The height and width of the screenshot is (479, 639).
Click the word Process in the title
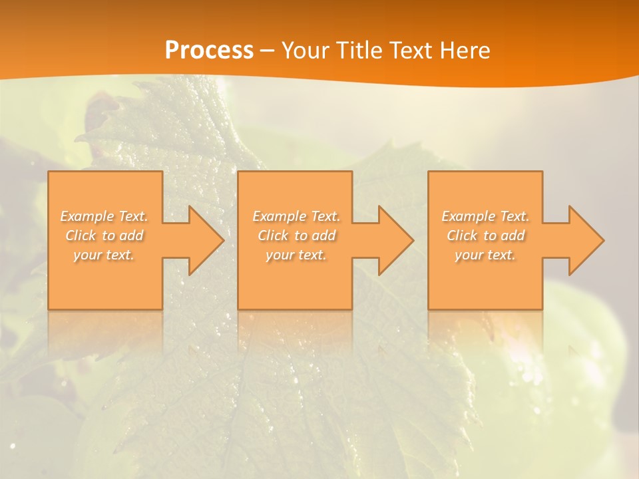[x=209, y=51]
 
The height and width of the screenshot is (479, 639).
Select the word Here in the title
[x=466, y=51]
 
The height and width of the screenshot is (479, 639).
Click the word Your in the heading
[x=306, y=51]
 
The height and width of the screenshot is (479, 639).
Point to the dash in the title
[x=267, y=51]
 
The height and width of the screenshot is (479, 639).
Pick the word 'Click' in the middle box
[x=272, y=236]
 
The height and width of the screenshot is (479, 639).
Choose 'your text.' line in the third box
[x=485, y=255]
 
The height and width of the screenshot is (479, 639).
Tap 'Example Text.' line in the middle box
[x=296, y=216]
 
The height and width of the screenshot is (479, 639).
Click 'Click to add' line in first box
[x=105, y=236]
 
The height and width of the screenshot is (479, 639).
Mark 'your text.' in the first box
[x=104, y=255]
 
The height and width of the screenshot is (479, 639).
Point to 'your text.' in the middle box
[x=296, y=255]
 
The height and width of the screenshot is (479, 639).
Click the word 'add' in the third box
[x=513, y=236]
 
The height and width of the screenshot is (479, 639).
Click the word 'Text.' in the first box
[x=133, y=216]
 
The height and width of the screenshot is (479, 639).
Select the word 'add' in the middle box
[x=324, y=236]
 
